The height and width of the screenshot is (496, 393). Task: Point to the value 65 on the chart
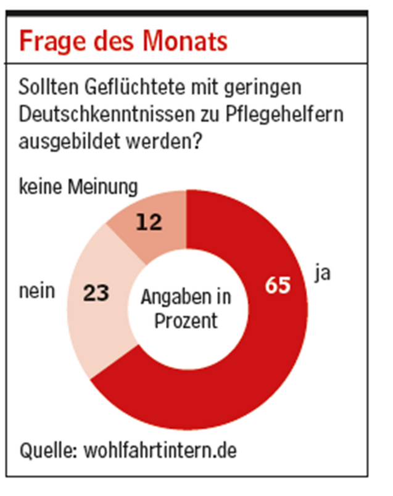pos(278,287)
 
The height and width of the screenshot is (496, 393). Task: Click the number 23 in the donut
pos(96,293)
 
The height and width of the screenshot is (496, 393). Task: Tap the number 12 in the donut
pos(149,222)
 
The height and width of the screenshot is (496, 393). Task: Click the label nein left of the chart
pos(36,291)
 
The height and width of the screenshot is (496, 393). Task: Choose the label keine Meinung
pos(77,186)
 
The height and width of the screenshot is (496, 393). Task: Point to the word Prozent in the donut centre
pos(186,321)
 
